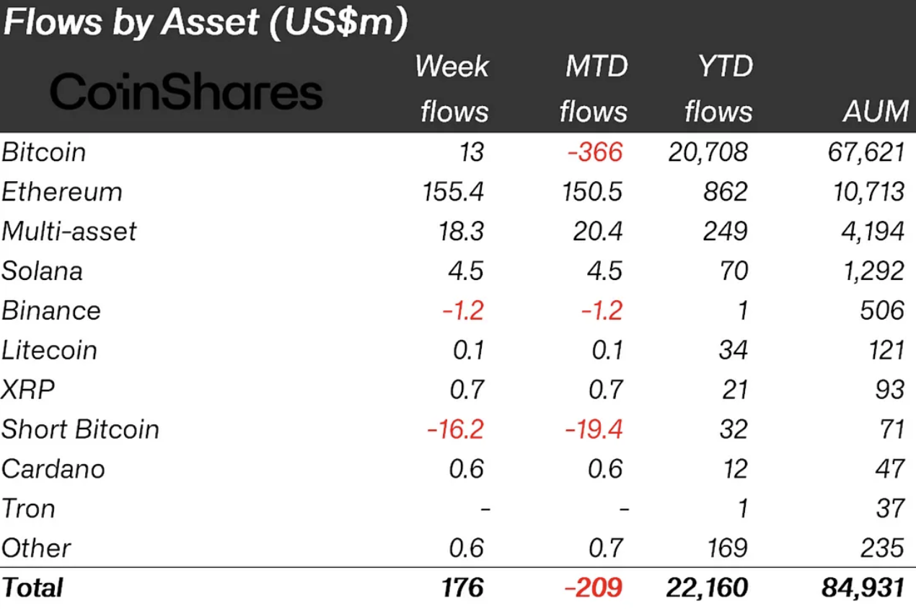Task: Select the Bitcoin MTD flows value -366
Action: pos(594,152)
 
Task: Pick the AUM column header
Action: pos(876,111)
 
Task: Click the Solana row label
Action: pos(42,271)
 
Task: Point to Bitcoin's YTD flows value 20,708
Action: pos(708,152)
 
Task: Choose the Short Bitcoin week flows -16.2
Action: pos(454,429)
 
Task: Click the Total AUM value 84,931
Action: pos(863,587)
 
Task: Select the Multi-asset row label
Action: pos(69,232)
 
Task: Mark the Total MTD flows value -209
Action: pos(593,587)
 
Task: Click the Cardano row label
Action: pos(53,469)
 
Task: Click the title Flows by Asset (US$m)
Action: pos(206,23)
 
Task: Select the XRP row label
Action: pos(28,390)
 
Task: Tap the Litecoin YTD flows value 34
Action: pos(734,351)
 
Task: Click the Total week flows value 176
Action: pos(463,587)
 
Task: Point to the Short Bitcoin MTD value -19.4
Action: pos(596,429)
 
